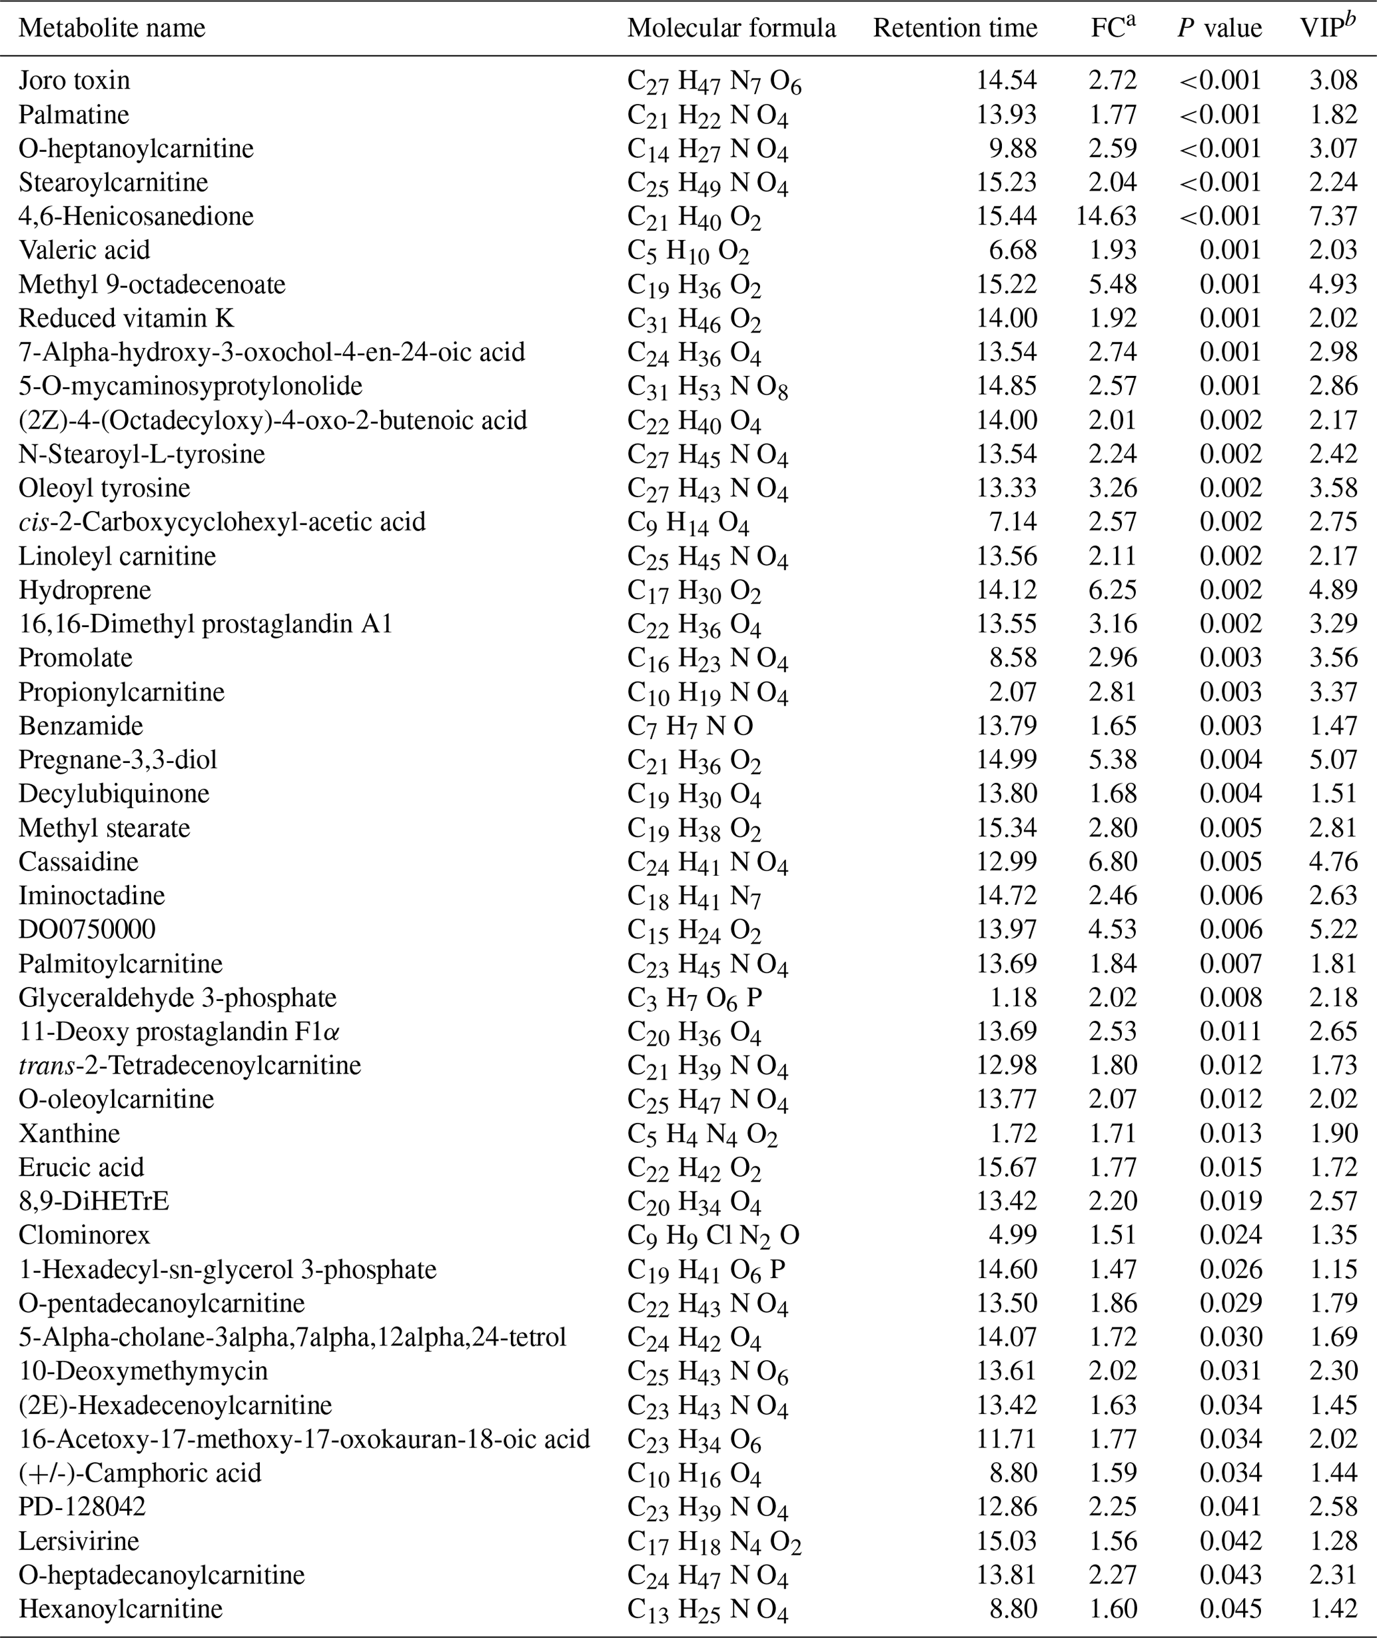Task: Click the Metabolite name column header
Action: tap(112, 28)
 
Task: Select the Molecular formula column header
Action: tap(731, 28)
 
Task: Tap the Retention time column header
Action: tap(955, 28)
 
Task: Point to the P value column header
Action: tap(1219, 28)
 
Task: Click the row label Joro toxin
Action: tap(74, 81)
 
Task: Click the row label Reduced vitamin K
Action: tap(126, 318)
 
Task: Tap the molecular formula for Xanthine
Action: tap(701, 1134)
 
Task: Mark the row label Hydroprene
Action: tap(85, 590)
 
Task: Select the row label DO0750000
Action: tap(87, 929)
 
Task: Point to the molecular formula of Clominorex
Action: tap(713, 1235)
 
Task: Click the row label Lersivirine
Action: tap(79, 1541)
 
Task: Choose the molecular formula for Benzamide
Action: tap(690, 726)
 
